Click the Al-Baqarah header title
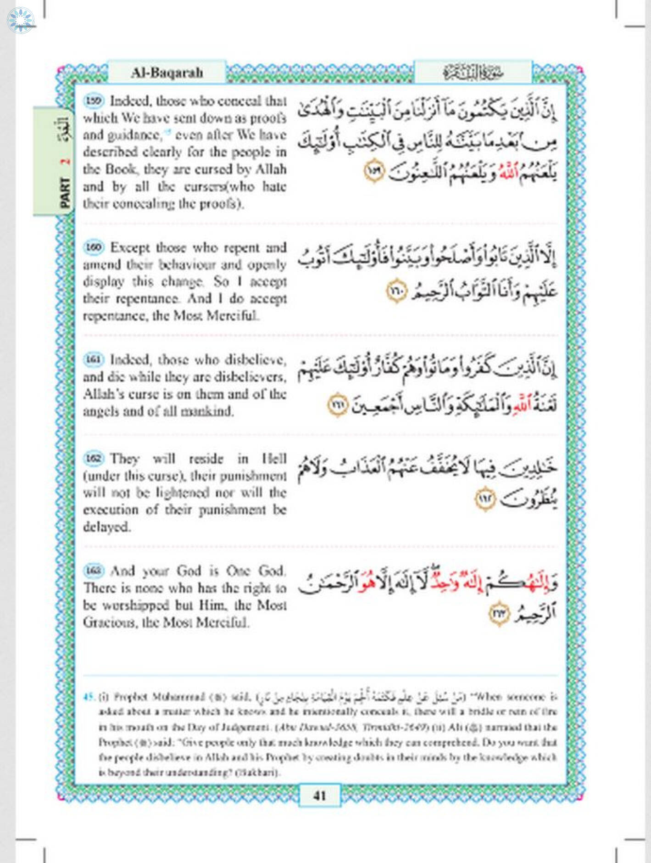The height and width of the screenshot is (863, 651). [167, 73]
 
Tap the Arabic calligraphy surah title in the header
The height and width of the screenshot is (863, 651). [473, 73]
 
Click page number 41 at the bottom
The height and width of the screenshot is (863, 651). [320, 795]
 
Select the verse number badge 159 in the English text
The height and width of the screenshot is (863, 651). [94, 101]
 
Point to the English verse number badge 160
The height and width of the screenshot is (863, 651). [94, 247]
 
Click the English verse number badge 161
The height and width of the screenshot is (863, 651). [94, 359]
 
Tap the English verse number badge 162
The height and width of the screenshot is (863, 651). [94, 458]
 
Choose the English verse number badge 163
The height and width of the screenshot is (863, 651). [94, 570]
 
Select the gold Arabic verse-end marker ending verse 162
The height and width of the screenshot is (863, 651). [485, 499]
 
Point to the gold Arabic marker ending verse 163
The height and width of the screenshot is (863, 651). [499, 614]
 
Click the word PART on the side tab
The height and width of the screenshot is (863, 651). [65, 192]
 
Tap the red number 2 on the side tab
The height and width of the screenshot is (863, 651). [65, 162]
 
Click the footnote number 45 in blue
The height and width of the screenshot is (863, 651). [89, 697]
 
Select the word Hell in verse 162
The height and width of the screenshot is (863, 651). [274, 459]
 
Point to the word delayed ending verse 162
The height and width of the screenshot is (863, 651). [106, 527]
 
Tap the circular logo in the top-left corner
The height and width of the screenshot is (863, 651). [21, 20]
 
